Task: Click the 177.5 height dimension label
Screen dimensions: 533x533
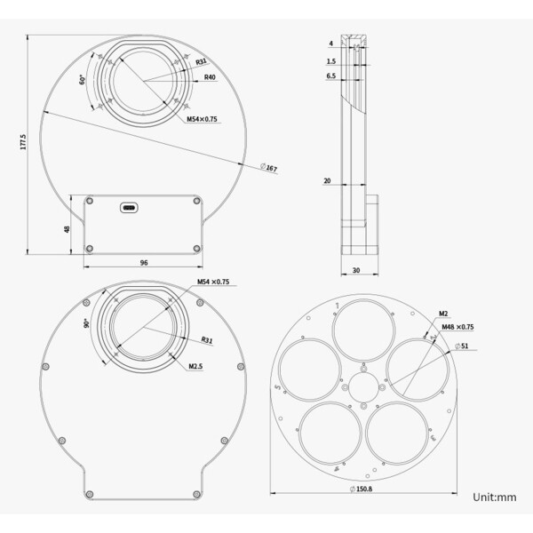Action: point(24,142)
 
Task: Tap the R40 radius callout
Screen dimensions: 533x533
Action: point(210,77)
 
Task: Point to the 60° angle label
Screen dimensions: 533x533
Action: point(81,79)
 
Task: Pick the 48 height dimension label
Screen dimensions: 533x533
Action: point(66,227)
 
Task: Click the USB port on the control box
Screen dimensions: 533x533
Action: point(131,208)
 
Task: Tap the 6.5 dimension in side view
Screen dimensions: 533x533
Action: point(330,77)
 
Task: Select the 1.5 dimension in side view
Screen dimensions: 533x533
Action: point(330,61)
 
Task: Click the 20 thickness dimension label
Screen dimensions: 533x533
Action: point(327,181)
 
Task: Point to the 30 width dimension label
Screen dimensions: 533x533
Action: point(355,269)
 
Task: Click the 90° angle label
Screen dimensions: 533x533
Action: point(86,323)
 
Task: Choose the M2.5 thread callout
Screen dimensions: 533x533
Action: point(195,365)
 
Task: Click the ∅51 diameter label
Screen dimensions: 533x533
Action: point(462,346)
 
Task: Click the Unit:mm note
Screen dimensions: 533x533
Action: point(494,497)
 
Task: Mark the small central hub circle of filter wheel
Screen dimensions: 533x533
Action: point(365,386)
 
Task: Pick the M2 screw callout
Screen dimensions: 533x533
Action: point(442,314)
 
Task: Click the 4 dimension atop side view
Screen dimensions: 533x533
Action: point(330,42)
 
